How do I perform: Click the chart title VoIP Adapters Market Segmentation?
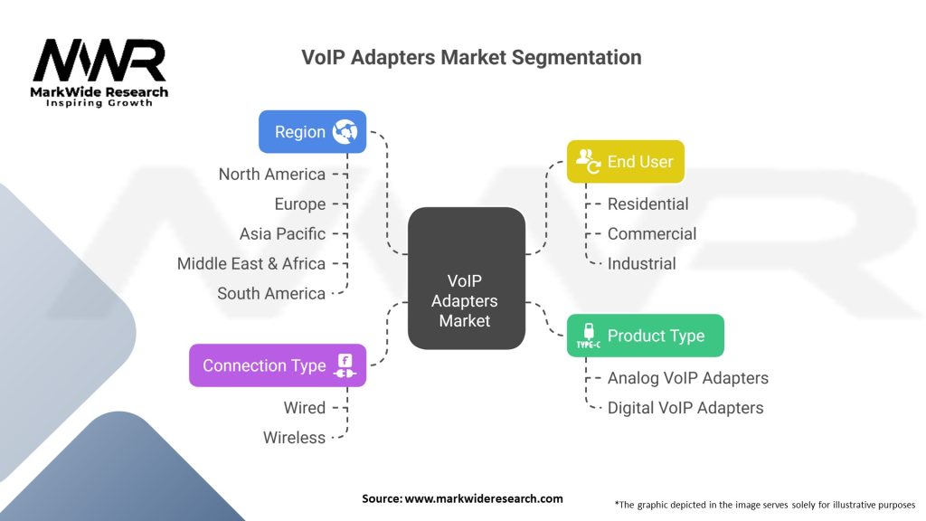tap(471, 58)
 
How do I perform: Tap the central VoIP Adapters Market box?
tap(466, 279)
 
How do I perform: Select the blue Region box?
tap(312, 132)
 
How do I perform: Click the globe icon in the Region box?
tap(345, 132)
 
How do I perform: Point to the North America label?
tap(271, 174)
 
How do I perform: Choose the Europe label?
tap(299, 204)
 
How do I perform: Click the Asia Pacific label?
tap(282, 233)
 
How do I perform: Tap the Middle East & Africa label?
tap(250, 263)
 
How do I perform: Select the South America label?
tap(270, 293)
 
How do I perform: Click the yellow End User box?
tap(625, 162)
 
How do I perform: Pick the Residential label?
tap(647, 204)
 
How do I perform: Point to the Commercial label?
tap(651, 233)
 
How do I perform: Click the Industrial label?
tap(641, 263)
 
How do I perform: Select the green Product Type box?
tap(645, 336)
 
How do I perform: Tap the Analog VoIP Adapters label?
tap(687, 378)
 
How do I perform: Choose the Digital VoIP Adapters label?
tap(685, 408)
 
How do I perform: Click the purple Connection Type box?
tap(278, 365)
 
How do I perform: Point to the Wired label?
tap(304, 408)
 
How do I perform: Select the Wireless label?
tap(294, 438)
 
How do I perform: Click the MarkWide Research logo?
tap(99, 72)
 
